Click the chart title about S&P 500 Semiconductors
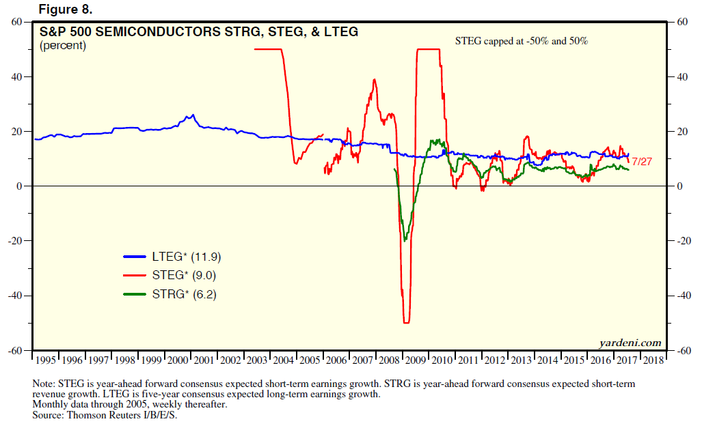pyautogui.click(x=199, y=32)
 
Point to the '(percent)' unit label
pyautogui.click(x=63, y=46)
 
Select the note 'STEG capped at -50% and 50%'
pyautogui.click(x=522, y=41)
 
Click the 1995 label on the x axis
pyautogui.click(x=45, y=360)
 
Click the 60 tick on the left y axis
pyautogui.click(x=18, y=22)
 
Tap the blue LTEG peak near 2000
pyautogui.click(x=193, y=115)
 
